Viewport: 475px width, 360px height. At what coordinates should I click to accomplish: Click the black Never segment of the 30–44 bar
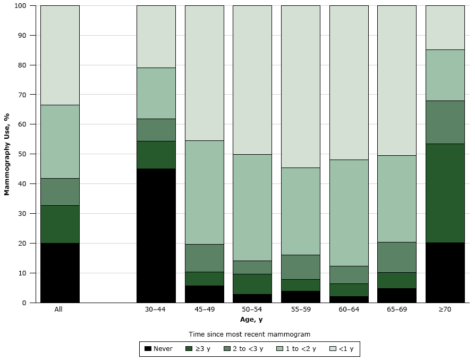coord(156,236)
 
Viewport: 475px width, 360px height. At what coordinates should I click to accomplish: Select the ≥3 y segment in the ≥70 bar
coord(445,193)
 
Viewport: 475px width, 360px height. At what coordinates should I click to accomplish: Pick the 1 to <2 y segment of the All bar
coord(60,141)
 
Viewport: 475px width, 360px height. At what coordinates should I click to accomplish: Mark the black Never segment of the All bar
coord(60,273)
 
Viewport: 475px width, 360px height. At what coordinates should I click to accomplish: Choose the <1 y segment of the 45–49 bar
coord(204,73)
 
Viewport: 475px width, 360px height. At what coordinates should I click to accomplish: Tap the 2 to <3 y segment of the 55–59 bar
coord(300,267)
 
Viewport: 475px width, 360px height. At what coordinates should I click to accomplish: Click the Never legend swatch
coord(148,349)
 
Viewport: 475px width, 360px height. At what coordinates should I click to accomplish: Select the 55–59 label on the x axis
coord(300,309)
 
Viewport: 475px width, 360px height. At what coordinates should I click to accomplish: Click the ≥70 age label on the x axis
coord(445,309)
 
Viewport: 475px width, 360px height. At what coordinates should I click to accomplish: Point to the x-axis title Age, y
coord(251,320)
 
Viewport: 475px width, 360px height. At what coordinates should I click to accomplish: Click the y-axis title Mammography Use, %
coord(7,154)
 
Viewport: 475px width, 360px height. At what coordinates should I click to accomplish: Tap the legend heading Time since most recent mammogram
coord(250,334)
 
